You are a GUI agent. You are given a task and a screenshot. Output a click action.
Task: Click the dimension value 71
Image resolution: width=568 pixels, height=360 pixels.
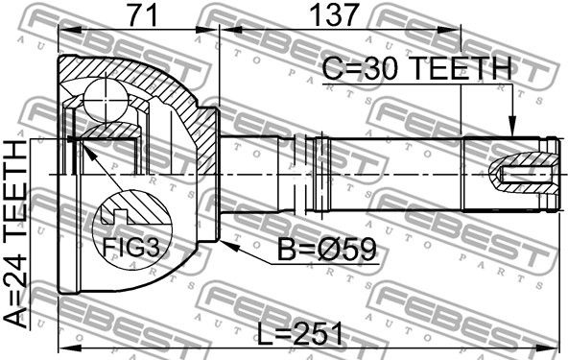coord(144,14)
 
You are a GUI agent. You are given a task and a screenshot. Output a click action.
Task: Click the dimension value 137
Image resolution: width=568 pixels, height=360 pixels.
coord(334,14)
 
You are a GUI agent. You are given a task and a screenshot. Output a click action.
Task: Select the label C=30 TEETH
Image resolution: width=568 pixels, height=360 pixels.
coord(416,69)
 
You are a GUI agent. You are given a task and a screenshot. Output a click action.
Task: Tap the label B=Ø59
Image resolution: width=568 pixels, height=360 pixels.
coord(327,250)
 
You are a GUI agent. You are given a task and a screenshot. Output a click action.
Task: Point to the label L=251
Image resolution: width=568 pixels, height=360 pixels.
coord(299,333)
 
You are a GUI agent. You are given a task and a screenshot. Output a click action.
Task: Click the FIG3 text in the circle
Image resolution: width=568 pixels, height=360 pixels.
coord(130,248)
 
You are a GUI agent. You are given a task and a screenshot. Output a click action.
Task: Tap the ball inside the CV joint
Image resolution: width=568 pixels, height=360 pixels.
coord(106,100)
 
